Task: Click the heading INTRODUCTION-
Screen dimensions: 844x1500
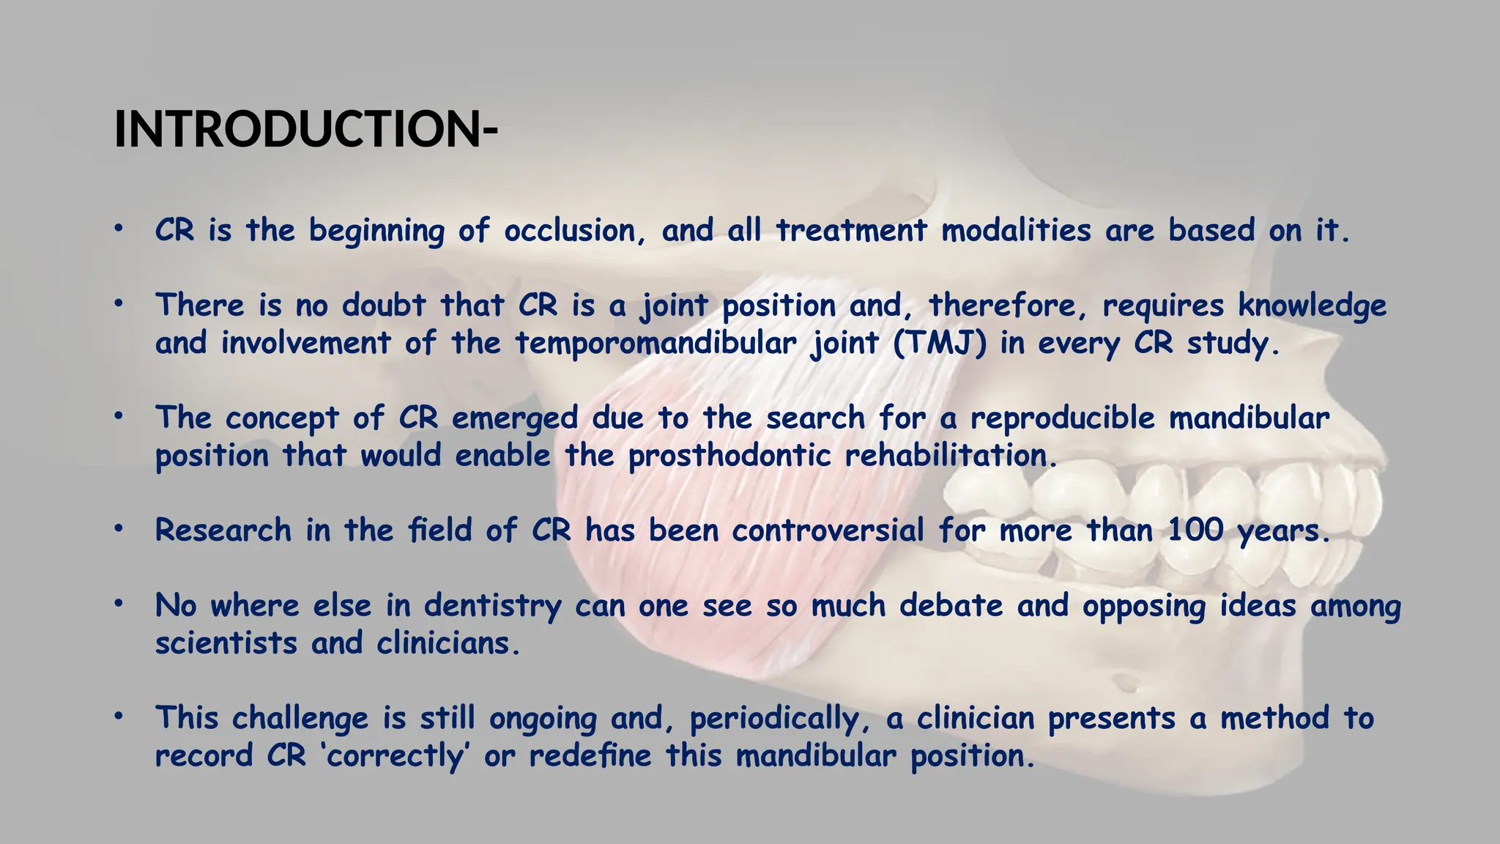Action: pos(305,130)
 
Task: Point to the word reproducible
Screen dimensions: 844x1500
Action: pos(1063,418)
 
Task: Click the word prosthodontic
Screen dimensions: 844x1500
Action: pos(729,456)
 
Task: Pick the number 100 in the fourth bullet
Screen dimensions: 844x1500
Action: pos(1195,530)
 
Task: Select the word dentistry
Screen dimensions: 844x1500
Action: pos(492,606)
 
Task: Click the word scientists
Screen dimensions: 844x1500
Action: pos(226,643)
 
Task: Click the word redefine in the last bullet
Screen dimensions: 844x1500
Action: pos(590,756)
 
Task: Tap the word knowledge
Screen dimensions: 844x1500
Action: pos(1312,306)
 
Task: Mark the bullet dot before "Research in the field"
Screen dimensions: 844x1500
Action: pos(117,529)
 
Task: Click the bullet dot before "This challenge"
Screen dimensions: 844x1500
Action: pos(117,717)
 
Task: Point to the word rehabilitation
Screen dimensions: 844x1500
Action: pos(951,456)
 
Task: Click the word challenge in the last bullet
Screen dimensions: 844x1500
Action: pos(300,719)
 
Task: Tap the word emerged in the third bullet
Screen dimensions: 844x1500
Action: pos(515,418)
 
